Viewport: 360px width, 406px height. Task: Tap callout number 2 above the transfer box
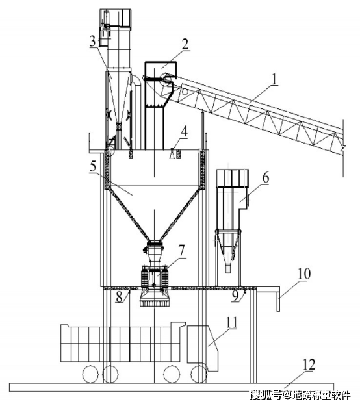tap(185, 44)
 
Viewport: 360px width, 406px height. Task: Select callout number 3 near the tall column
tap(92, 42)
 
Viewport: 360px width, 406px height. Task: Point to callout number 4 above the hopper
tap(184, 131)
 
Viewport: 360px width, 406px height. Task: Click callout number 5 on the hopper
tap(93, 166)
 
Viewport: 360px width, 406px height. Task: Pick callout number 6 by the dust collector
tap(266, 178)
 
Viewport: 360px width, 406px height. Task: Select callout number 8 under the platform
tap(119, 297)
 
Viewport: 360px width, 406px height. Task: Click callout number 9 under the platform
tap(235, 296)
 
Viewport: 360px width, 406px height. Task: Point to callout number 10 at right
tap(304, 274)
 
